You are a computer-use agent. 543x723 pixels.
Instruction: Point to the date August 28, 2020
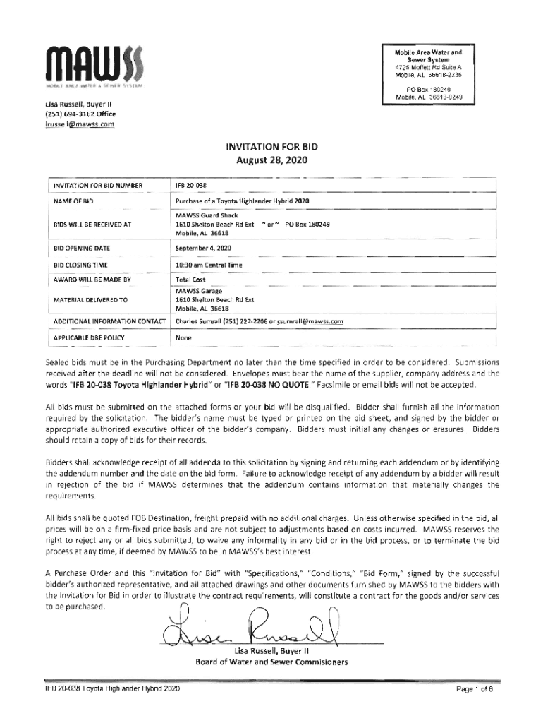click(x=271, y=160)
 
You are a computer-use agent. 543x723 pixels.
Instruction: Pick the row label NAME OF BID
click(x=74, y=202)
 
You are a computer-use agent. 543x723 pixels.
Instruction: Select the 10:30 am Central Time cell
click(x=209, y=265)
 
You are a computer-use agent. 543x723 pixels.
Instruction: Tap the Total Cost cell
click(x=190, y=280)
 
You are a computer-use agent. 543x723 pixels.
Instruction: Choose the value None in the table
click(x=184, y=337)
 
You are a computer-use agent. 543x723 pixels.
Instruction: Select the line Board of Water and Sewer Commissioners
click(x=271, y=662)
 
